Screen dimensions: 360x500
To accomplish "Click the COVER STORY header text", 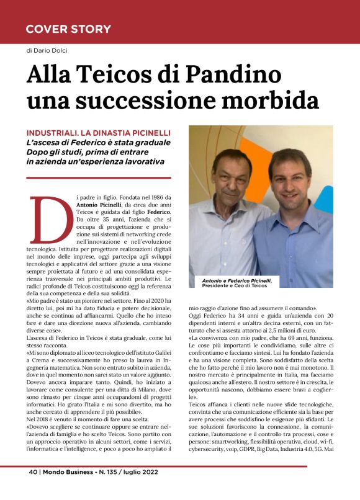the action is pos(68,29).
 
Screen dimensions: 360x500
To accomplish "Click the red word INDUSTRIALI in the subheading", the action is pos(56,132).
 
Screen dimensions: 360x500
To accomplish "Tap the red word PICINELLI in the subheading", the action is pos(148,132).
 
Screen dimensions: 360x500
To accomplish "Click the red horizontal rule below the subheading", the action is pos(99,177).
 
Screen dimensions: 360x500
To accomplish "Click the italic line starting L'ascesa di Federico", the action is pos(96,142).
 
